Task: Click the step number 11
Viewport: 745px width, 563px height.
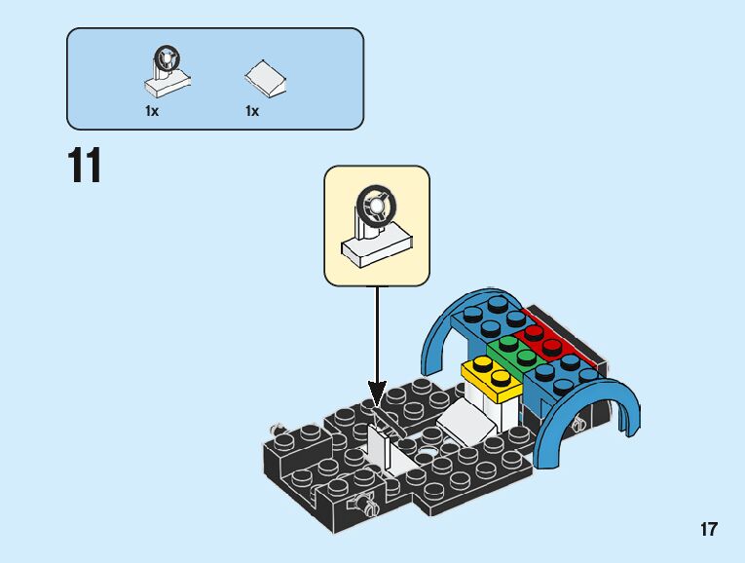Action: (85, 167)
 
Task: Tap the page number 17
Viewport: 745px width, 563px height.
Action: (708, 530)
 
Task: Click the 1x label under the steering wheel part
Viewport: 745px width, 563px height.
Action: (152, 111)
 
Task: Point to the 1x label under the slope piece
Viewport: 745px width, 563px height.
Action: (252, 111)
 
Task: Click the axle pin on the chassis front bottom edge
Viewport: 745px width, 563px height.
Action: (367, 504)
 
